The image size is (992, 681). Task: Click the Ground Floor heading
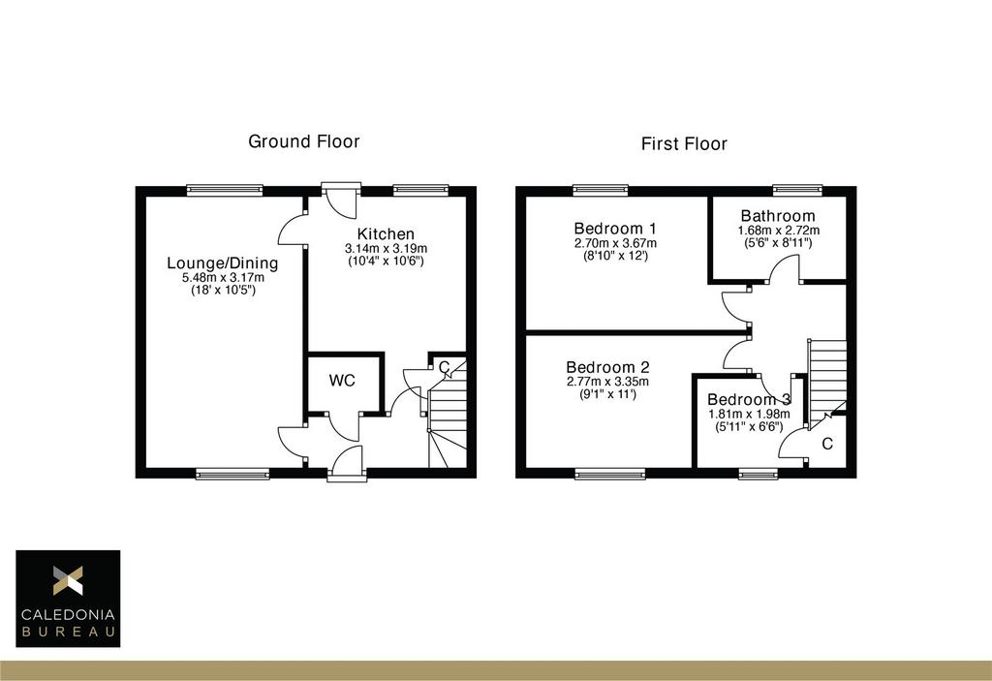click(303, 141)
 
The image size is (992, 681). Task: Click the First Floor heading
click(684, 143)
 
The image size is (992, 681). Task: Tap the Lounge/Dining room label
click(223, 263)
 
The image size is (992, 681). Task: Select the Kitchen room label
click(386, 233)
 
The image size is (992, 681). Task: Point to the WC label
click(342, 381)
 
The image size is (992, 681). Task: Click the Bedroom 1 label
click(615, 229)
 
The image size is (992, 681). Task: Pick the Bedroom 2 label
click(608, 367)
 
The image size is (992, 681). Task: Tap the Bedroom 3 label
click(749, 399)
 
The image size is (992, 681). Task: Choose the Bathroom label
click(778, 216)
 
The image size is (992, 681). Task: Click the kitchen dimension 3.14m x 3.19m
click(386, 248)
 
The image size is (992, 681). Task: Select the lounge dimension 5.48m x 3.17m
click(224, 277)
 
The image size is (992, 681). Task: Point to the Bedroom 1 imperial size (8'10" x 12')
click(615, 256)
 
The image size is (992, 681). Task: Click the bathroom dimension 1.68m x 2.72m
click(779, 231)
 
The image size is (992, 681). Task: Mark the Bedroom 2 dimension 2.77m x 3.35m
click(608, 382)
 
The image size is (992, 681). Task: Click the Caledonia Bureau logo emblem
click(68, 579)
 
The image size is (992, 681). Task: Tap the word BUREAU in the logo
click(69, 632)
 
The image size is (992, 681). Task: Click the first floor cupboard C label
click(827, 444)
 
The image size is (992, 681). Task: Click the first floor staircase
click(827, 378)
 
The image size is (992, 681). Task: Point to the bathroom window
click(798, 189)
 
